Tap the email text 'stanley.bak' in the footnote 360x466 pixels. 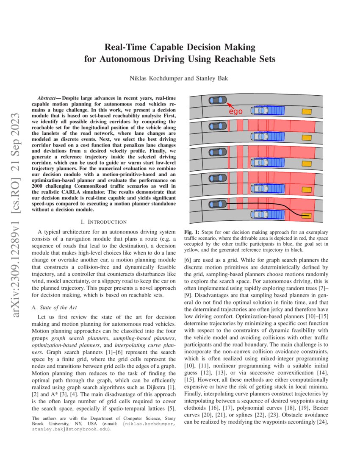coord(44,429)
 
